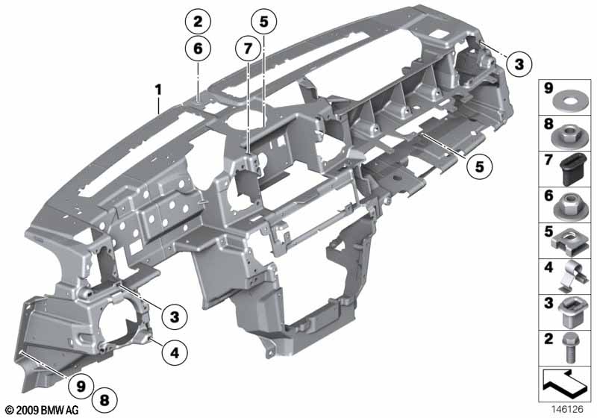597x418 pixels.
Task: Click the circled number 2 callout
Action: tap(198, 22)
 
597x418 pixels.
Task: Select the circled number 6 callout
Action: tap(198, 49)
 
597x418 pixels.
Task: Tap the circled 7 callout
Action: tap(248, 49)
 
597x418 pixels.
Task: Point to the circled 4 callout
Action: tap(175, 353)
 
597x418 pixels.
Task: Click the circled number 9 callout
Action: tap(81, 387)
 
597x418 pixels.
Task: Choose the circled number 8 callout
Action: tap(104, 400)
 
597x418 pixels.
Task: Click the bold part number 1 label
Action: tap(158, 90)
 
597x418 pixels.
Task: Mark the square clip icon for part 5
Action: tap(568, 243)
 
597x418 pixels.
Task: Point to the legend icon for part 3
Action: tap(571, 313)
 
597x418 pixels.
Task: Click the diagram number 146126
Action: tap(567, 409)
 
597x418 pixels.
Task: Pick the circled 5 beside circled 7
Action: tap(264, 22)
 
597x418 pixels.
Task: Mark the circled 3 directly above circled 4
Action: tap(175, 316)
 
